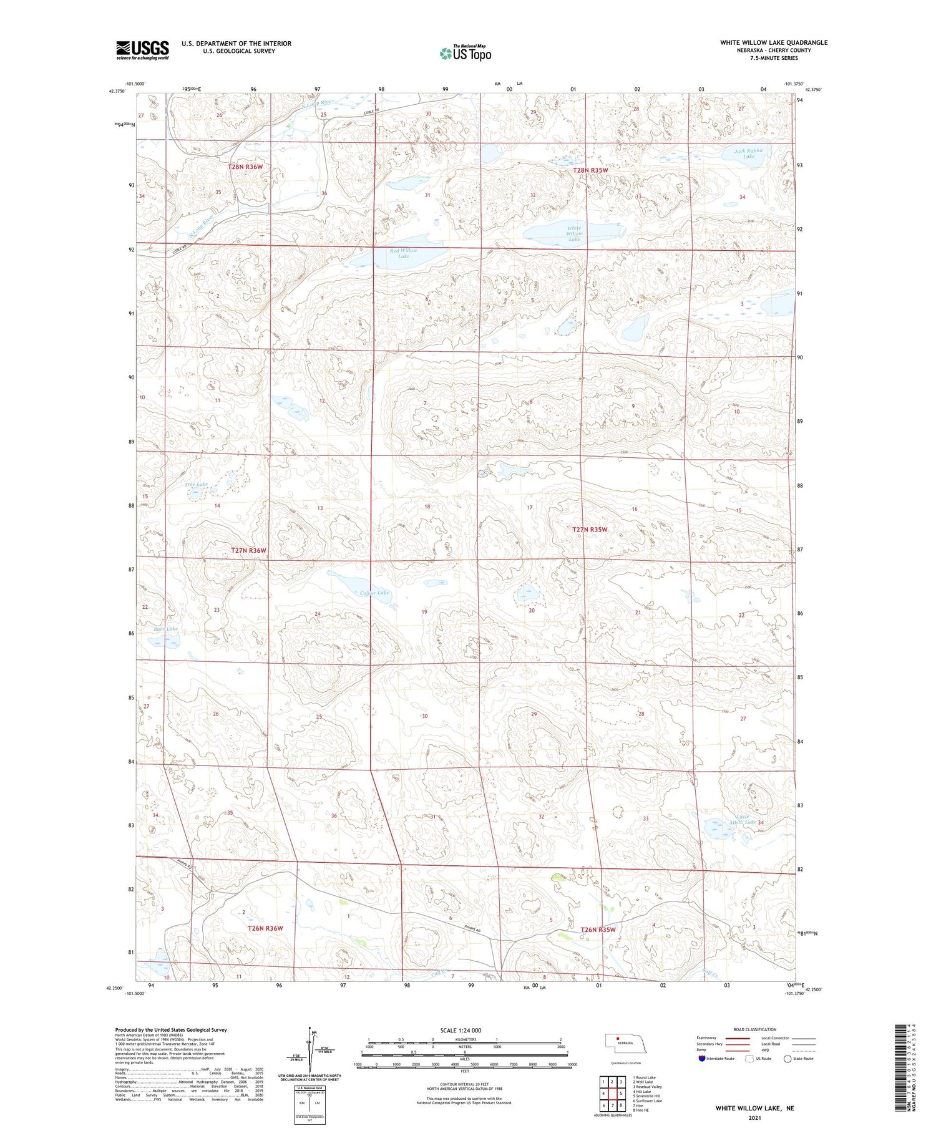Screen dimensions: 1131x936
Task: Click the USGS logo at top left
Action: coord(142,50)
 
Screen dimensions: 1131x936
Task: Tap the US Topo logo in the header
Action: coord(465,54)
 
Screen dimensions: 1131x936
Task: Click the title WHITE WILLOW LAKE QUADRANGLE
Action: coord(774,42)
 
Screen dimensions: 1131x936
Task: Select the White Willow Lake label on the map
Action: coord(573,233)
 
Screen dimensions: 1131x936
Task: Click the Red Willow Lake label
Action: coord(404,253)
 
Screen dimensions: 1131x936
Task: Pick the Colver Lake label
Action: coord(374,593)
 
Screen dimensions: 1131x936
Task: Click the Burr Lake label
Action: coord(165,629)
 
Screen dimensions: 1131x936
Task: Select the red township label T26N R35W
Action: coord(598,930)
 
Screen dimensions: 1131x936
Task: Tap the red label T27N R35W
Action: coord(590,530)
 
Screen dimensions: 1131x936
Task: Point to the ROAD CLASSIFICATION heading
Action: coord(754,1029)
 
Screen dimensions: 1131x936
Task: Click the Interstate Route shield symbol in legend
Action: coord(702,1059)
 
